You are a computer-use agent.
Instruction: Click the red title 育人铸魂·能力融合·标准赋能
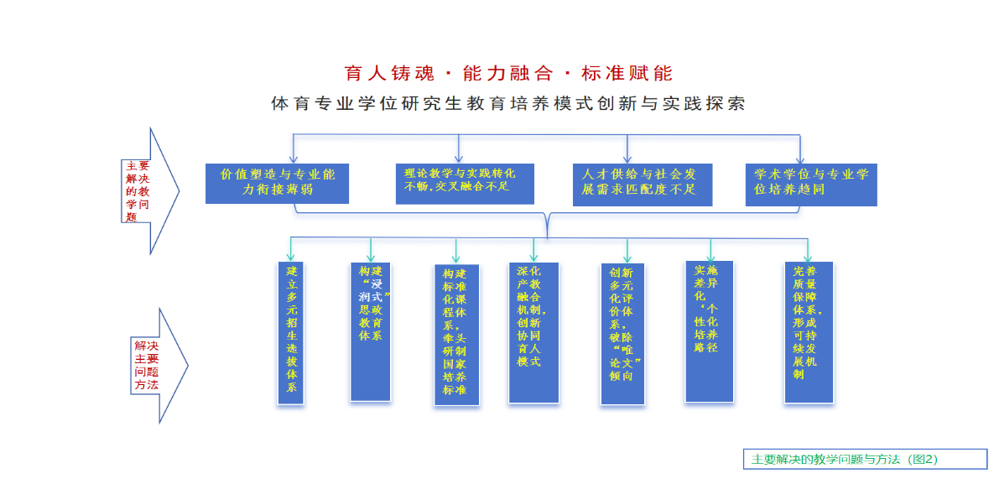pos(508,73)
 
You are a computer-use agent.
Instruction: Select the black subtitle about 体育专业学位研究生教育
pos(508,104)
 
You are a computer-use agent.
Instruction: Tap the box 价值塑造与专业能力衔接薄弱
pos(277,182)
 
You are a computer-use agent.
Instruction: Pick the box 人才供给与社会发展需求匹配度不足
pos(642,184)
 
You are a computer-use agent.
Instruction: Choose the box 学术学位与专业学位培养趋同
pos(811,184)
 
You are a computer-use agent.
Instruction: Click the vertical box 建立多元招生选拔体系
pos(291,333)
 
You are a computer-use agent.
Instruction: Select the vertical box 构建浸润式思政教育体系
pos(370,331)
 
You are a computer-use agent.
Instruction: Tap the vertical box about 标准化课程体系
pos(456,335)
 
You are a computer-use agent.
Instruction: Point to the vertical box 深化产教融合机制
pos(533,333)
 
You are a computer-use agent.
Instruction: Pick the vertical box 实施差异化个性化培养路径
pos(709,331)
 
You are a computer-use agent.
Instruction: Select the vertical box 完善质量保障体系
pos(809,333)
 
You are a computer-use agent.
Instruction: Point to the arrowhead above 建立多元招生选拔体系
pos(291,257)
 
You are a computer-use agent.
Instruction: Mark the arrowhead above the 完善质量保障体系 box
pos(809,257)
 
